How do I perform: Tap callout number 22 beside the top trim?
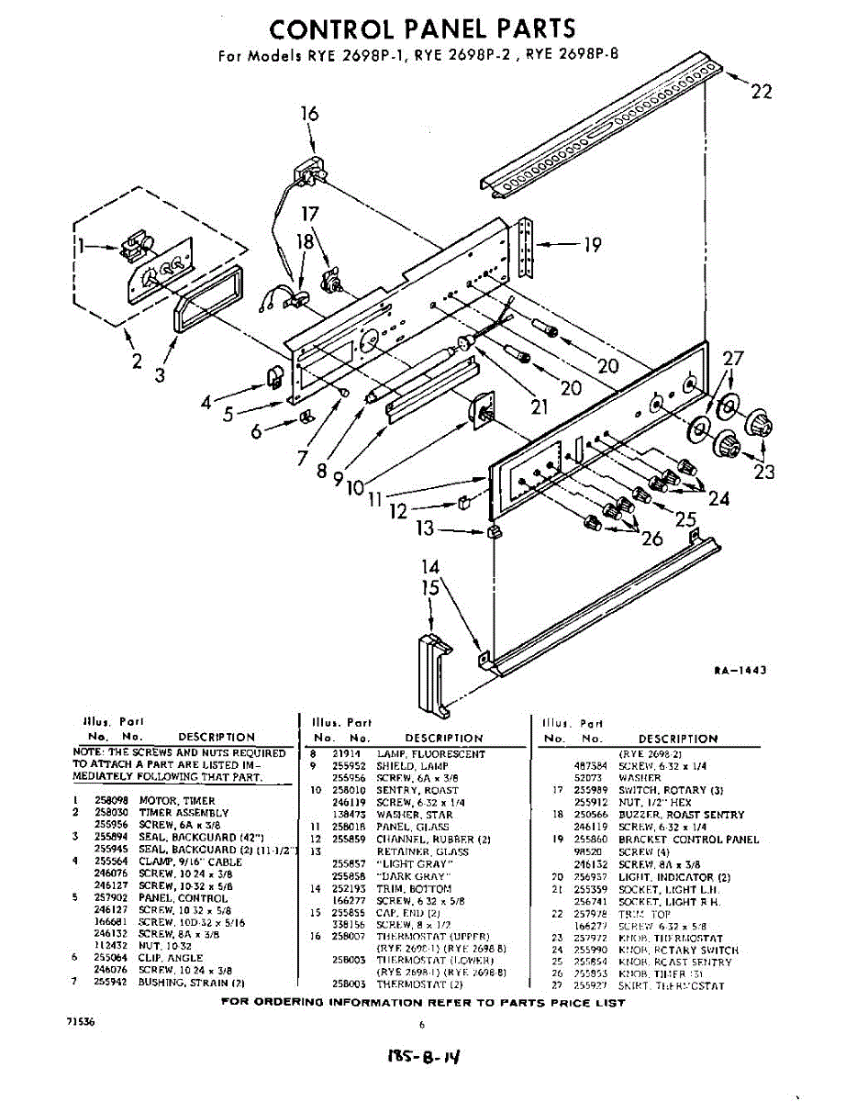click(761, 92)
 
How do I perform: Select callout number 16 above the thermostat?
click(309, 114)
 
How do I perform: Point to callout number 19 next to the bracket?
click(593, 244)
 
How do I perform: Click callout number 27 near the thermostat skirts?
click(733, 360)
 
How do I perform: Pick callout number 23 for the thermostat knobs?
click(764, 472)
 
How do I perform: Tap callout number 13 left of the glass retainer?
click(425, 529)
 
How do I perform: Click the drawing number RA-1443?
click(740, 671)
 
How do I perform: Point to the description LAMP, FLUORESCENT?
click(417, 754)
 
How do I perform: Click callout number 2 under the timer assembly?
click(137, 361)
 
